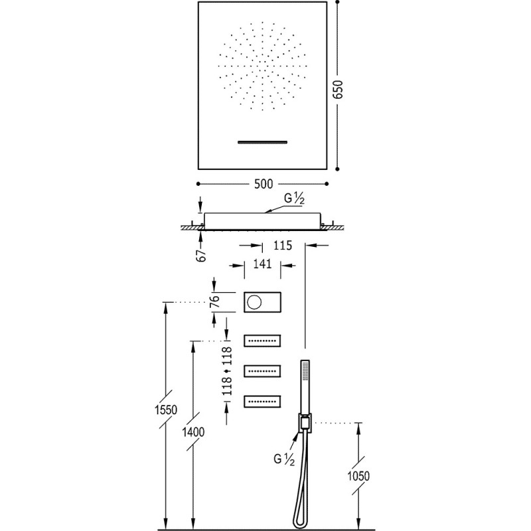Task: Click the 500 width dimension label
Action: (264, 183)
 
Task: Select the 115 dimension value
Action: (283, 246)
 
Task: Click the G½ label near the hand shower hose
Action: (283, 458)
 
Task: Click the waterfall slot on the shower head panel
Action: (264, 141)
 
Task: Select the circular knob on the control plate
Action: (255, 303)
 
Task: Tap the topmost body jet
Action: (264, 341)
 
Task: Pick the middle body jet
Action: (264, 371)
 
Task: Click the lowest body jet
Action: (264, 401)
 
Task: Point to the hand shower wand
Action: (305, 385)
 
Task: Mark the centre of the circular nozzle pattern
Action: (264, 66)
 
